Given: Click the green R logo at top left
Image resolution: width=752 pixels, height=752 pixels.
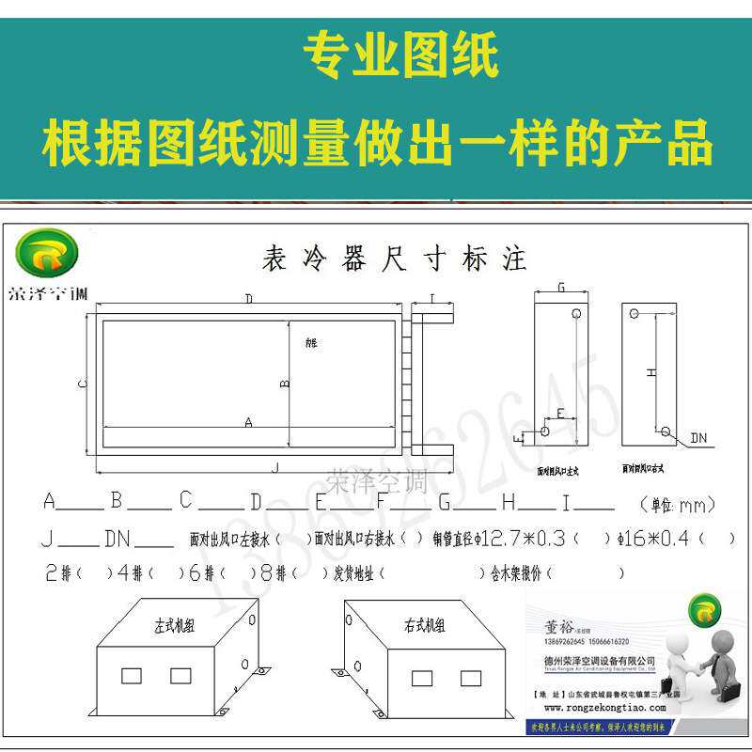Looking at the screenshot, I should [x=47, y=252].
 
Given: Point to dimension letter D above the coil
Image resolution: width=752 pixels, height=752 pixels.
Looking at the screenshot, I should [x=249, y=299].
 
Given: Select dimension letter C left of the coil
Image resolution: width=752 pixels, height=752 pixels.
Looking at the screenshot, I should [x=82, y=384].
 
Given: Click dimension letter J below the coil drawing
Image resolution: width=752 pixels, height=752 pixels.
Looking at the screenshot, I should [x=274, y=467].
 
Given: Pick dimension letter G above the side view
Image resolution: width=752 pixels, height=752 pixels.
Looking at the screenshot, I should [x=561, y=288].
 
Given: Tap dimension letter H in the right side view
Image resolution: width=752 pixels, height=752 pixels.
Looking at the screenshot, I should [x=650, y=372].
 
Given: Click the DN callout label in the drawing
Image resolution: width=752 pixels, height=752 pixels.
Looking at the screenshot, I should [x=698, y=438].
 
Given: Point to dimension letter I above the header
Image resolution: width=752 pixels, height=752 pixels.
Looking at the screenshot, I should [x=431, y=299].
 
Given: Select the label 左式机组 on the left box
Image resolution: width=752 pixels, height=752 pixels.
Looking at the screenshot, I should [x=174, y=625].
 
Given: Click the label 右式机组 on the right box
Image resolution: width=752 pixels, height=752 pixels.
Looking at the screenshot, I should [x=425, y=625].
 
